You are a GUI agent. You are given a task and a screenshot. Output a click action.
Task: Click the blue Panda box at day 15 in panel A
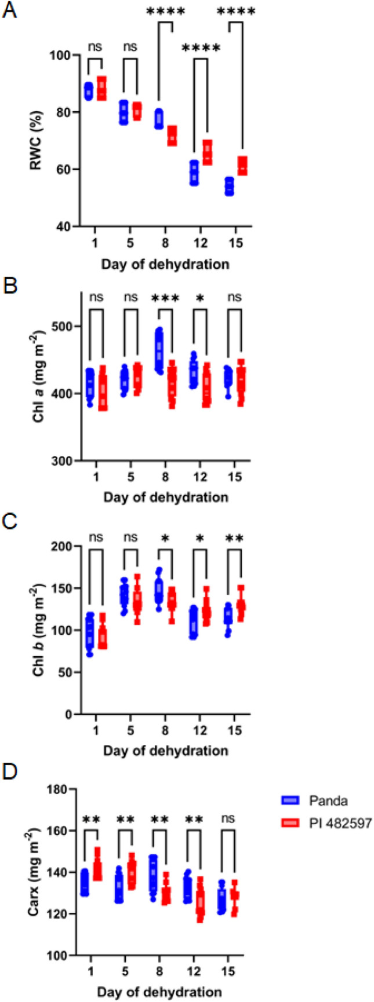229,186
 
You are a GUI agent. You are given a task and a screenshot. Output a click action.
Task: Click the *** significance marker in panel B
165,298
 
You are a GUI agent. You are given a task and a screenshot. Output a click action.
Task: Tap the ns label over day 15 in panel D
235,820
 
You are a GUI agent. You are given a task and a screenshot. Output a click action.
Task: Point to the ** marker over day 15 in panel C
235,538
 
